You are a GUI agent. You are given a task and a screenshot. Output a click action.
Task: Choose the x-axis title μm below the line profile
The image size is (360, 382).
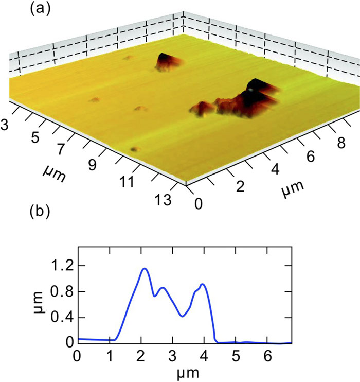tap(184, 371)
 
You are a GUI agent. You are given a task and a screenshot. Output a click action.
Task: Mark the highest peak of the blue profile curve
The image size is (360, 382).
tap(145, 268)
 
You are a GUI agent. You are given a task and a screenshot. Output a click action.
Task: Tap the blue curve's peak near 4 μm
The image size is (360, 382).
tap(203, 284)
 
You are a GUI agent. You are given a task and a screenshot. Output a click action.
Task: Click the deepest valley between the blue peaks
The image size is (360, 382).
tap(183, 316)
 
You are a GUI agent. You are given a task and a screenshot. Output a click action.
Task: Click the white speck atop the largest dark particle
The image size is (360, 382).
tap(250, 89)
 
